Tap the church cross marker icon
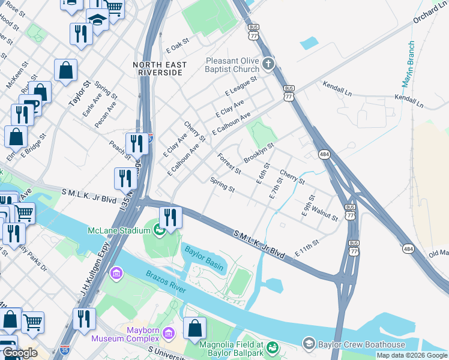tap(268, 62)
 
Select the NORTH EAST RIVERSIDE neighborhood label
tap(159, 68)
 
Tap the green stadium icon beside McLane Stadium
tap(159, 230)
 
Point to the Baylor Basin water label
tap(203, 258)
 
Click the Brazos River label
tap(166, 282)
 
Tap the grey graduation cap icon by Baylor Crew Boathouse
tap(309, 344)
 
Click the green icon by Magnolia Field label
tap(271, 347)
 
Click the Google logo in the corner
tap(20, 353)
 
